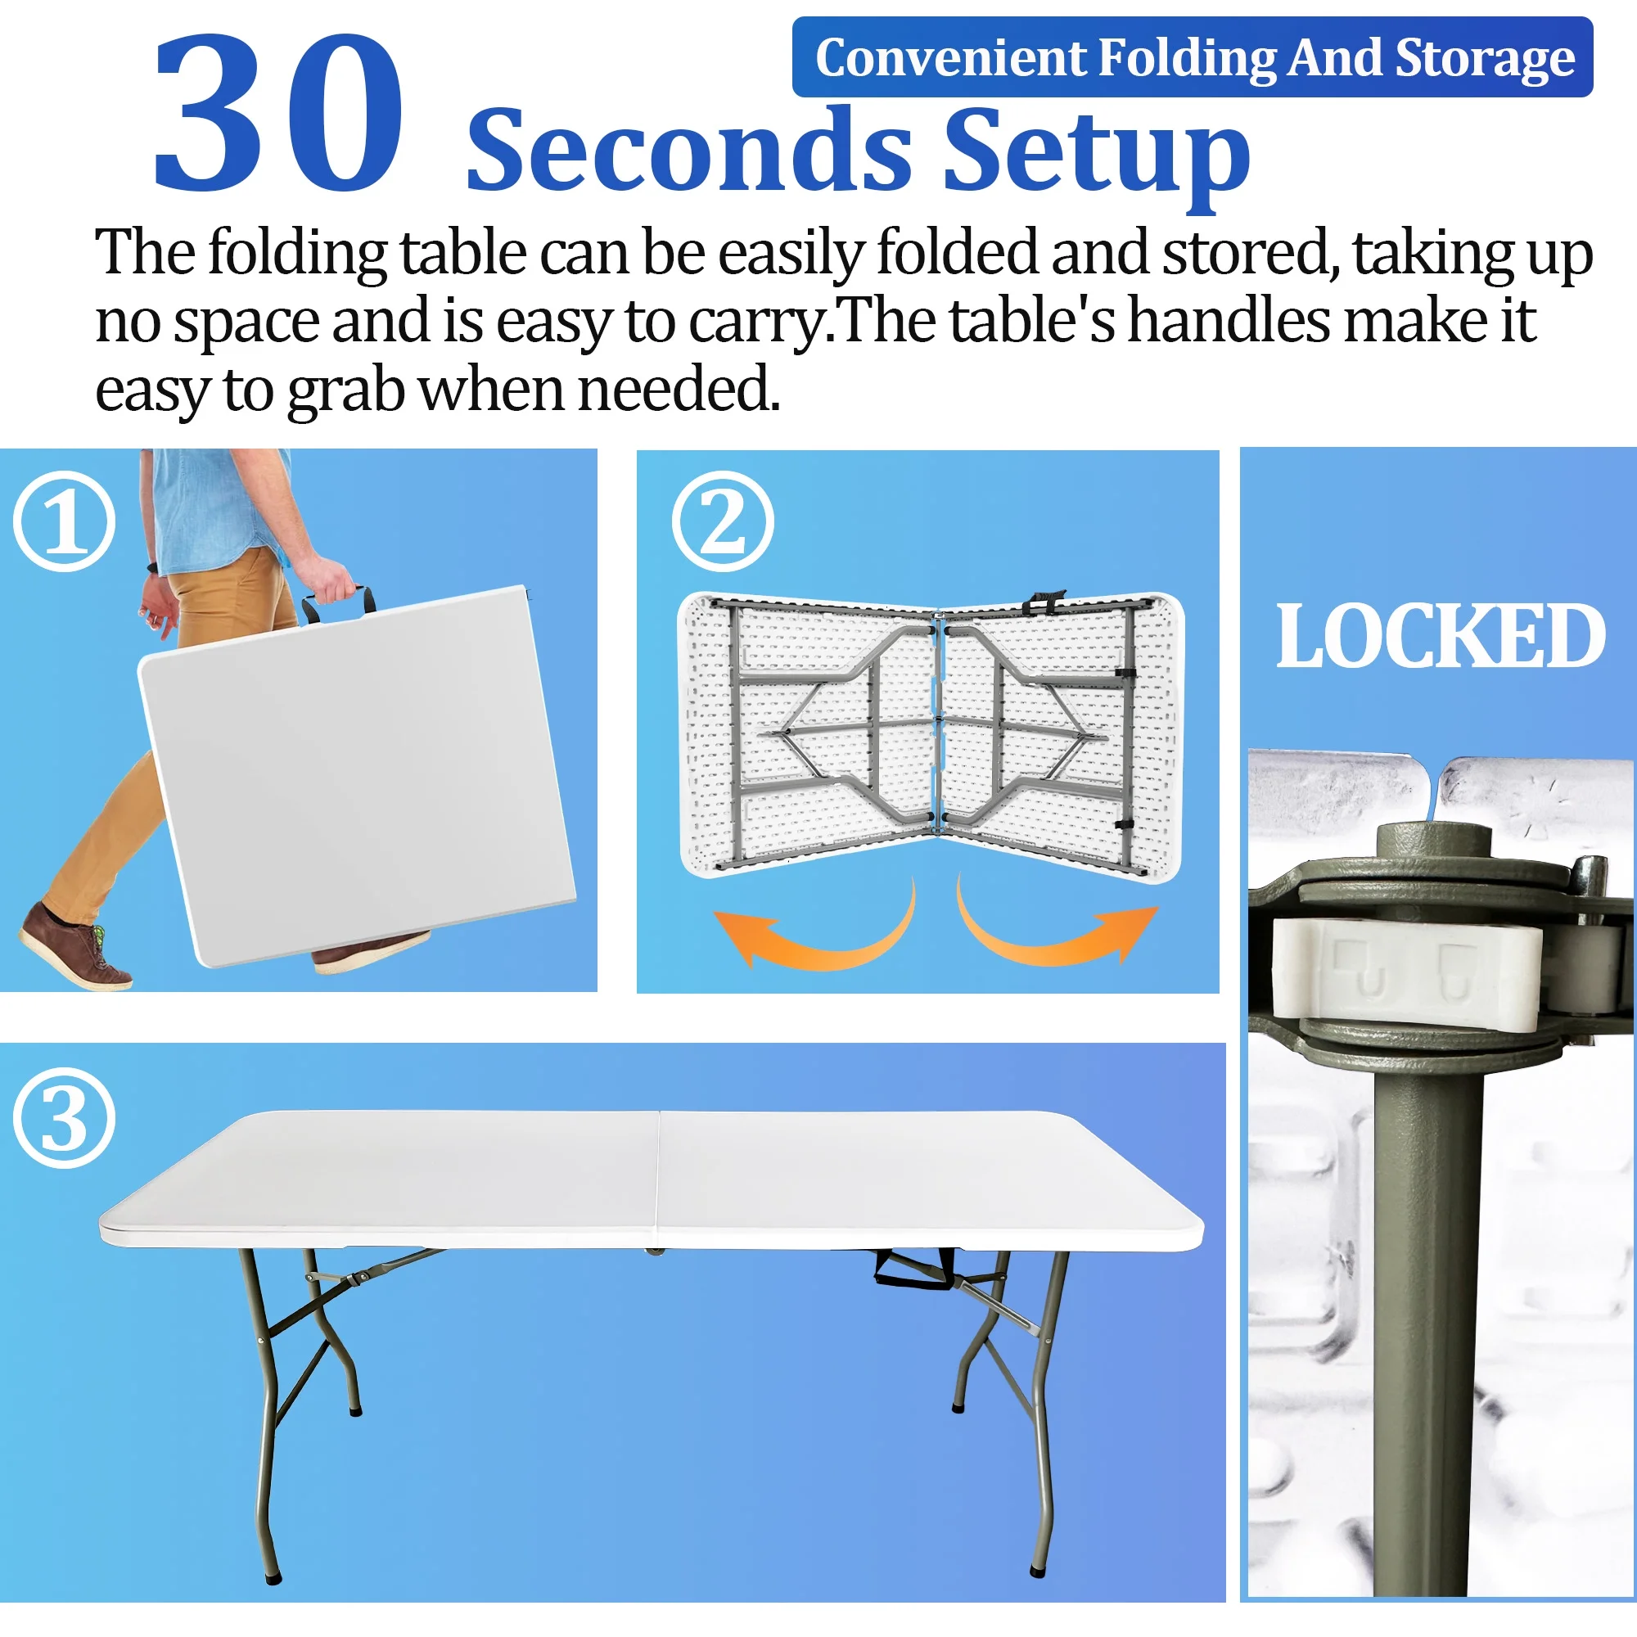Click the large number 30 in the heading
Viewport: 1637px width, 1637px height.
277,112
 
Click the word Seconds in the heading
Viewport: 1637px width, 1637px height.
689,151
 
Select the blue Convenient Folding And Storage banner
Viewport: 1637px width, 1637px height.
1193,56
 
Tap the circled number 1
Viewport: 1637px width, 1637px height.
64,521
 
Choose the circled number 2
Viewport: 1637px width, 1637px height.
723,521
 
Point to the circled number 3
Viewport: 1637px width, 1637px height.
64,1119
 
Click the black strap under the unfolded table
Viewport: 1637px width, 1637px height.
915,1269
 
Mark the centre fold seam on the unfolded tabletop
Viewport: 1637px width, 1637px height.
658,1178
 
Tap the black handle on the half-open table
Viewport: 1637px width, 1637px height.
1043,602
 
